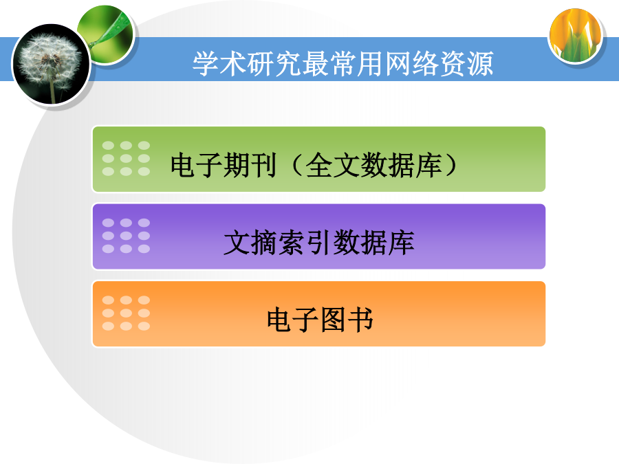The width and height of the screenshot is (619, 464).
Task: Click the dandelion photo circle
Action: tap(52, 65)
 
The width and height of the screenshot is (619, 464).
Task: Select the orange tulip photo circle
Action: tap(576, 36)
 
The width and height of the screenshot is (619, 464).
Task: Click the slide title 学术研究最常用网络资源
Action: tap(343, 63)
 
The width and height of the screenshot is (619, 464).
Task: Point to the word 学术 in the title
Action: tap(220, 63)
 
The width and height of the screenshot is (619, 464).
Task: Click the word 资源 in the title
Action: tap(466, 63)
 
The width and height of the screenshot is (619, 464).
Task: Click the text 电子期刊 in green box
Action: tap(224, 165)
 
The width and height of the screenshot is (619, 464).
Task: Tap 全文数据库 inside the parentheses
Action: tap(373, 165)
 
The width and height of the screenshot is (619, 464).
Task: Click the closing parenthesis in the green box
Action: tap(450, 165)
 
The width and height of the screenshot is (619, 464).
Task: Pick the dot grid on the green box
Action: tap(126, 158)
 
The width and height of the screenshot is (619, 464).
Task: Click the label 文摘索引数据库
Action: tap(319, 242)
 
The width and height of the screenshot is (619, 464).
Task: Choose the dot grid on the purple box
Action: tap(126, 236)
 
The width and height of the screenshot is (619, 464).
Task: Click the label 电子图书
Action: tap(320, 320)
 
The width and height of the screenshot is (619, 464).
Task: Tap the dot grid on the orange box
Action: tap(126, 313)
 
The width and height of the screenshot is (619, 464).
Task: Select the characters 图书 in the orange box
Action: tap(347, 320)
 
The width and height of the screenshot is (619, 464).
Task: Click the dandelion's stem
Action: tap(52, 90)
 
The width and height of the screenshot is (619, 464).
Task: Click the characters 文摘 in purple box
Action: tap(250, 242)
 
